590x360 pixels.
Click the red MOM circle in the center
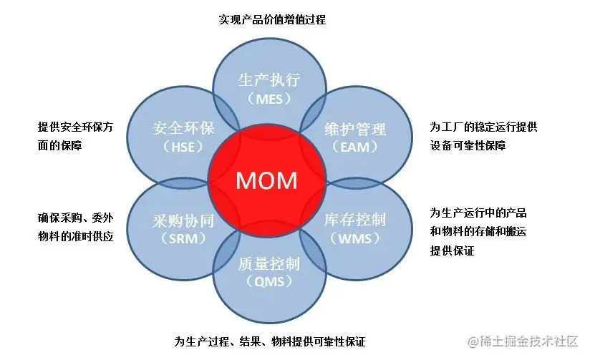[266, 179]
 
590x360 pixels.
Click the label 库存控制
[355, 219]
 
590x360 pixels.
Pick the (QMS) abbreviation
[269, 281]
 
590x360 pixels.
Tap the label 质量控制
[269, 263]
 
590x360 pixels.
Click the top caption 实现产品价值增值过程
[272, 19]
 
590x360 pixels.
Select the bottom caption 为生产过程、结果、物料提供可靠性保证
[274, 340]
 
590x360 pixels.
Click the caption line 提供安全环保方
[75, 127]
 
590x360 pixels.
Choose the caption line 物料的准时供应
[75, 236]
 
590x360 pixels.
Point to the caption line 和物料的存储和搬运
[479, 231]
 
